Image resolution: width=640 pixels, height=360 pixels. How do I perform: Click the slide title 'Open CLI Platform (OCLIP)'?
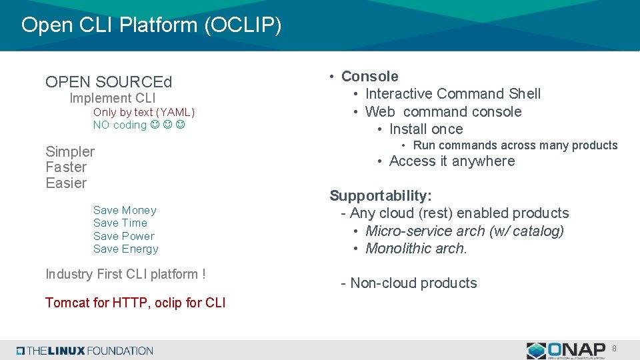151,25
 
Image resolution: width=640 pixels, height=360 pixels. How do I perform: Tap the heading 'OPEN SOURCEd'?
109,82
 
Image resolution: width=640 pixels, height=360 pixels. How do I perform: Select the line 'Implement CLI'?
113,99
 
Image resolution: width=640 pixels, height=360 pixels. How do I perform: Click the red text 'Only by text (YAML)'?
144,113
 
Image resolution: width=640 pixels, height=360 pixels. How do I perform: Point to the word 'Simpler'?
70,152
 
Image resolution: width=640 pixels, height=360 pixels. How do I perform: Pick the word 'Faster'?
66,167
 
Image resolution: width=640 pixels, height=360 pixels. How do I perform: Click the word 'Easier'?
66,183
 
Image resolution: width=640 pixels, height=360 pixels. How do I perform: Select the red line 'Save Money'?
125,211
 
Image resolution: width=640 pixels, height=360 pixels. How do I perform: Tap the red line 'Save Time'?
120,223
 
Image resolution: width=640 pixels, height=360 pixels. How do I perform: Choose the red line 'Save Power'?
123,236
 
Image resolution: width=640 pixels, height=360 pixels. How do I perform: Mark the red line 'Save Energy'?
126,249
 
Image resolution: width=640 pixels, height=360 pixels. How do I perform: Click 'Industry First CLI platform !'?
125,274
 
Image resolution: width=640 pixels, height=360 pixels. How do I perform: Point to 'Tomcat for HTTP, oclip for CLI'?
135,303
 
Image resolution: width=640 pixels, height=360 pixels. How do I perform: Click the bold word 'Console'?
369,77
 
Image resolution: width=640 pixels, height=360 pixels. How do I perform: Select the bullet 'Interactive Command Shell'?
453,94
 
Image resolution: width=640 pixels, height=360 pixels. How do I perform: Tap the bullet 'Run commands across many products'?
515,145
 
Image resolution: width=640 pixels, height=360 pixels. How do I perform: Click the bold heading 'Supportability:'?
381,196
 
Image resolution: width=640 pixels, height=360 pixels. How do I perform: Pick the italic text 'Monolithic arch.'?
417,249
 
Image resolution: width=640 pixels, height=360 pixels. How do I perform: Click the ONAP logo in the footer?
566,350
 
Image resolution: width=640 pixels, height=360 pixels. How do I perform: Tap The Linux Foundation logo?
85,351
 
